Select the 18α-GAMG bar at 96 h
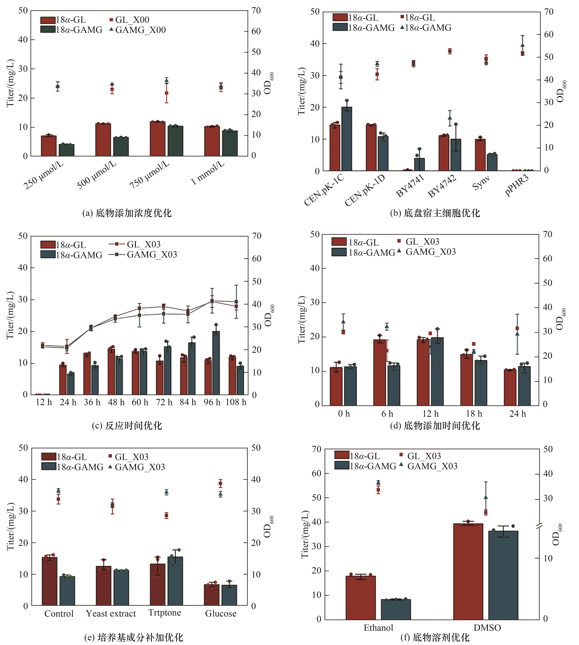coord(216,363)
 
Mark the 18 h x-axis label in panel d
coord(474,414)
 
